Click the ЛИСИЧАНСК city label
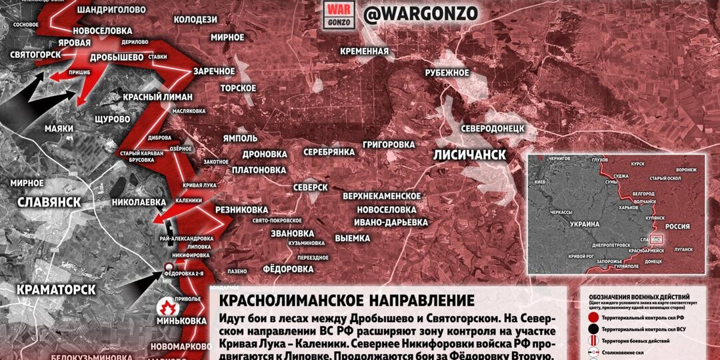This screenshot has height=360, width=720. [x=469, y=155]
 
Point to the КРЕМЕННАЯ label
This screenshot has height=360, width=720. [x=363, y=51]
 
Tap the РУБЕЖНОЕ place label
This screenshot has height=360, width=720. [x=447, y=73]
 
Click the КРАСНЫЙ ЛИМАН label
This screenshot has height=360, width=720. [x=157, y=97]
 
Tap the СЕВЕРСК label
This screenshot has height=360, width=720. [x=310, y=187]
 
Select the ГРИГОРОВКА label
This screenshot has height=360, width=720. [x=389, y=144]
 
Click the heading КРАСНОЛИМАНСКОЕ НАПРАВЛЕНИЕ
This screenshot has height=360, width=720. [x=347, y=301]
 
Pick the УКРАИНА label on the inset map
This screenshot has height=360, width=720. [x=587, y=225]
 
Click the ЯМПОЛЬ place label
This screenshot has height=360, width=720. [x=241, y=138]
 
